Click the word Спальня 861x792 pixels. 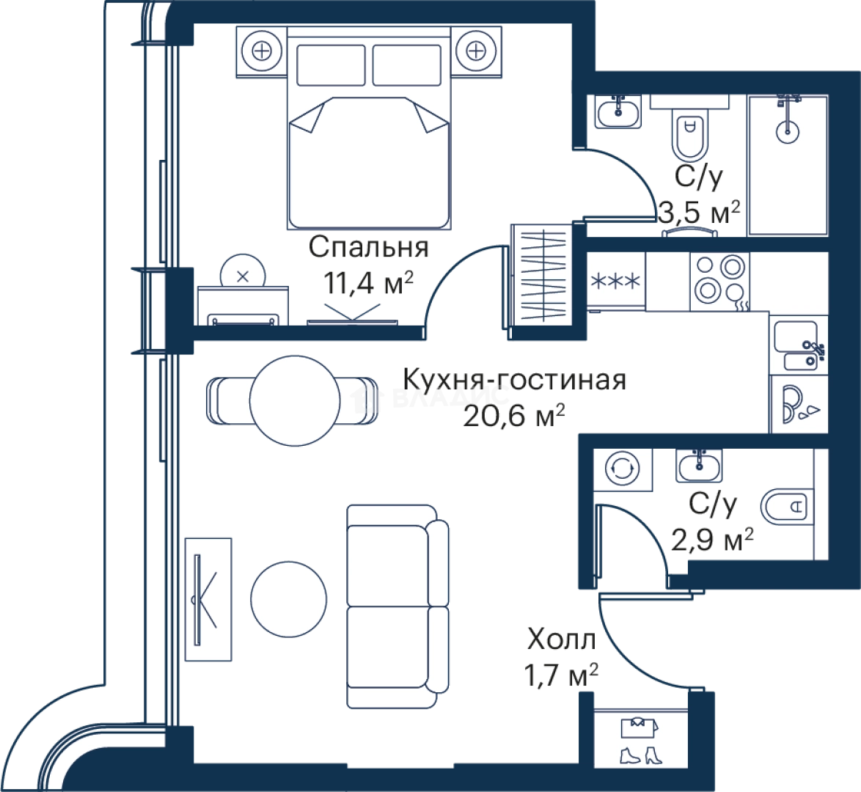tap(368, 247)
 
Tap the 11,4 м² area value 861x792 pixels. tap(368, 283)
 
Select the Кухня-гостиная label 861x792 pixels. tap(515, 380)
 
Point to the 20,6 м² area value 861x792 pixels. tap(514, 416)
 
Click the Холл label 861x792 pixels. tap(561, 639)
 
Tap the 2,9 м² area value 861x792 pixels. tap(712, 539)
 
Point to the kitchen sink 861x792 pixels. tap(798, 345)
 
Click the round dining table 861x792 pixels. tap(295, 400)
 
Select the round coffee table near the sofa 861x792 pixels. tap(289, 599)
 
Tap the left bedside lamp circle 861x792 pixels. tap(262, 51)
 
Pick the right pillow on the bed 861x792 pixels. tap(407, 65)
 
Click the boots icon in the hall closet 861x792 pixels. tap(640, 755)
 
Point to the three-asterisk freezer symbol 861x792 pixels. tap(615, 282)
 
